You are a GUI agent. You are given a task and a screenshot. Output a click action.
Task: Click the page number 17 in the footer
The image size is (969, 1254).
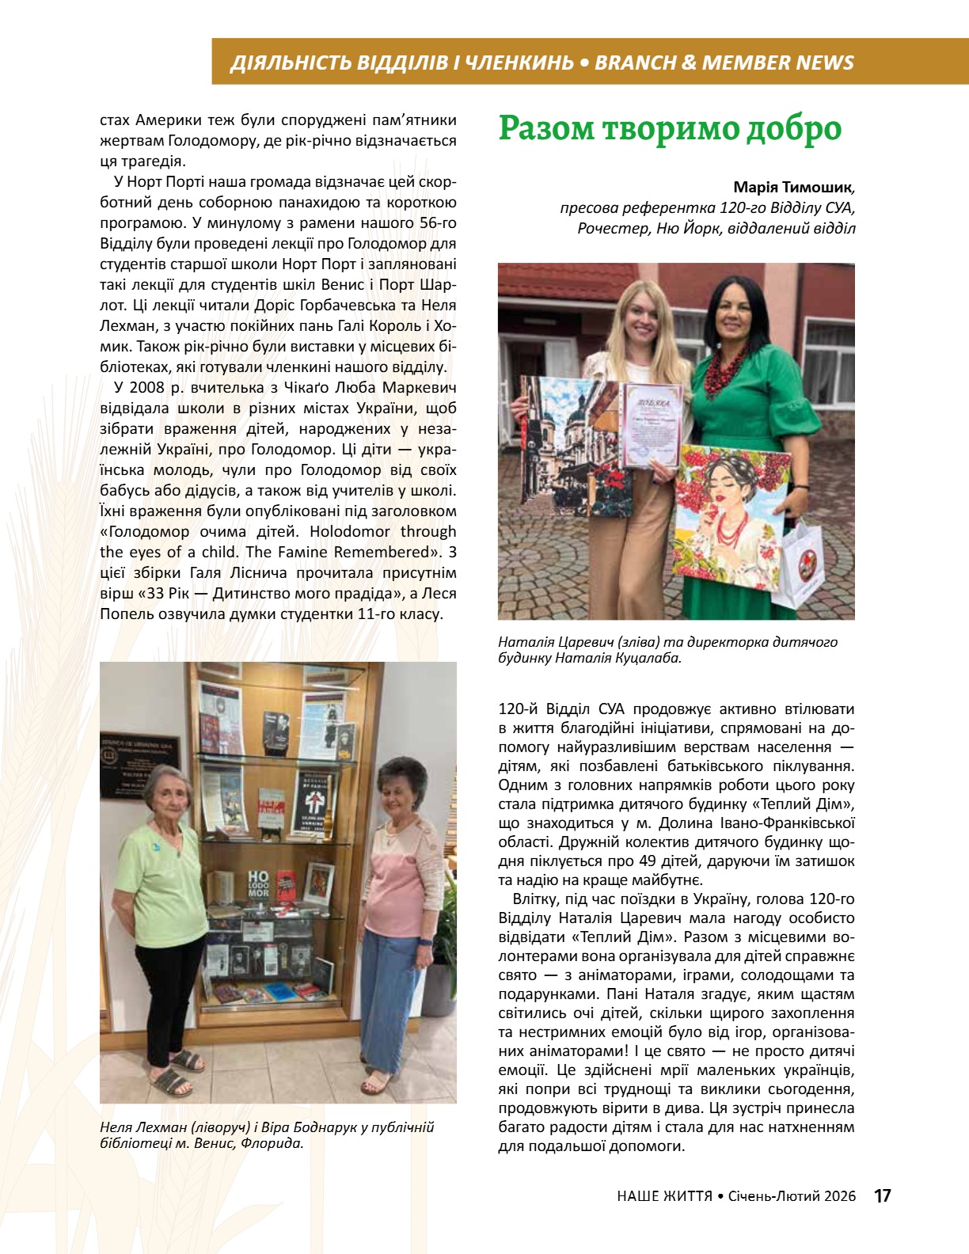882,1195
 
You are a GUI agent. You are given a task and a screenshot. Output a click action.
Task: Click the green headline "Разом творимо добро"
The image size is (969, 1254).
669,129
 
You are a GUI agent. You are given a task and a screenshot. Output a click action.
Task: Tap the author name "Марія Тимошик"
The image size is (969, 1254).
793,188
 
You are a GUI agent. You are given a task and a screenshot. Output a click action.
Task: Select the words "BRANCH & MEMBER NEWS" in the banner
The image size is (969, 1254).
724,63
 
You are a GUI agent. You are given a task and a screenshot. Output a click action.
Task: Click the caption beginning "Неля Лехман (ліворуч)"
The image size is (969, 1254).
268,1134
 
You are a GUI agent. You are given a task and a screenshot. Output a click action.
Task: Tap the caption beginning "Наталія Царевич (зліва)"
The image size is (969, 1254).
667,649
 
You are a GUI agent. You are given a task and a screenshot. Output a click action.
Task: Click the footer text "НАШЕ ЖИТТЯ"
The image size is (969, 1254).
664,1196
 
